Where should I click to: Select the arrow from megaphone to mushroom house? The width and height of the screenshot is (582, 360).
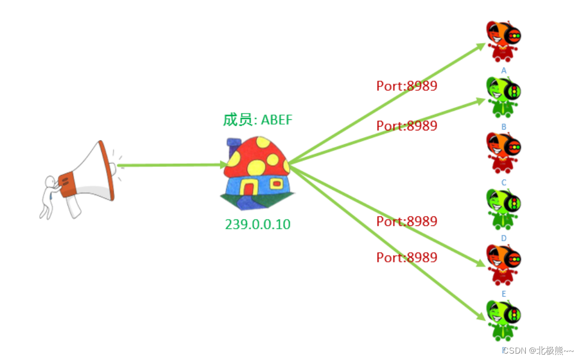point(170,165)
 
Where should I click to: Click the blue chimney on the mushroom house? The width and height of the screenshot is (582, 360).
point(234,146)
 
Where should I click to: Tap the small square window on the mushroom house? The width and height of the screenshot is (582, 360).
point(276,183)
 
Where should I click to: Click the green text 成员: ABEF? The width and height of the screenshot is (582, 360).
point(258,120)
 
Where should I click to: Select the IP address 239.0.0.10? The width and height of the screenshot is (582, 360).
point(258,224)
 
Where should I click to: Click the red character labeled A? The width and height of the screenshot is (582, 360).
point(504,41)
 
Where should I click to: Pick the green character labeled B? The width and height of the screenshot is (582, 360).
point(504,96)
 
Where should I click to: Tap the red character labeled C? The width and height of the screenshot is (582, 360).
point(504,152)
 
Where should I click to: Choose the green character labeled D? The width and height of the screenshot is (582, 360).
point(504,208)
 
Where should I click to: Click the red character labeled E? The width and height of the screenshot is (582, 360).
point(504,264)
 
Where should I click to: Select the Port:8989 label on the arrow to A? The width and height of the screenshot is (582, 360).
point(407,86)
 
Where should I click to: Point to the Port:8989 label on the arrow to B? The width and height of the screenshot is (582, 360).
point(407,126)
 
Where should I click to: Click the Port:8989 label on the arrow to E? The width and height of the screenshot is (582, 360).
point(407,258)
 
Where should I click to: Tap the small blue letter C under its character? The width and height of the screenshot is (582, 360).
point(504,183)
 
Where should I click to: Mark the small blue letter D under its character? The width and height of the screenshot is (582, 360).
point(504,239)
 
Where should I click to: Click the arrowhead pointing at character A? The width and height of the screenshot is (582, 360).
point(481,46)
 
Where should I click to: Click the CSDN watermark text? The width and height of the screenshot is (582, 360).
point(537,350)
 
